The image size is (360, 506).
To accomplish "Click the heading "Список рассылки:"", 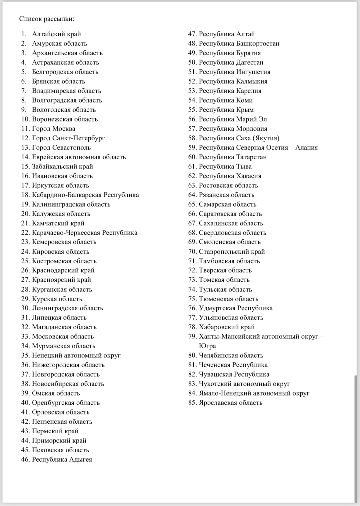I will [47, 19].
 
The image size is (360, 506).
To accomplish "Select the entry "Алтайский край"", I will [56, 34].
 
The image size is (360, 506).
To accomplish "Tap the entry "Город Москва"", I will [53, 129].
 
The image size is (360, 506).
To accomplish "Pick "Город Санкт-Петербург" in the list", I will [68, 138].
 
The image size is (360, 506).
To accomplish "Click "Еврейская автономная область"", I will [79, 157].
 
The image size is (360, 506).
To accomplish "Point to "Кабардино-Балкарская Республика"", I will [85, 195].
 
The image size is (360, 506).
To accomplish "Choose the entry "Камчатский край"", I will [58, 223].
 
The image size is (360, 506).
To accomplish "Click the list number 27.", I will [25, 280].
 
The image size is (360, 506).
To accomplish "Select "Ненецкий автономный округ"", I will [76, 356].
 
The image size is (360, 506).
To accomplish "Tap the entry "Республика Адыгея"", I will [62, 460].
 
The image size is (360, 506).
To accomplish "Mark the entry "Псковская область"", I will [60, 450].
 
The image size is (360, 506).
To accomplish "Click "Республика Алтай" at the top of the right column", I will [227, 34].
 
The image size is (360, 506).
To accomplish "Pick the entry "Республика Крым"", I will [226, 110].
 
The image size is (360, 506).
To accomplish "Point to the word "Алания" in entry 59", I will [306, 148].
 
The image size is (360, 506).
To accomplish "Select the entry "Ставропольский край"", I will [232, 252].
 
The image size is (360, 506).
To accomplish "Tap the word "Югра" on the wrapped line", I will [207, 346].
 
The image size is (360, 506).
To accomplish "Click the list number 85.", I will [192, 403].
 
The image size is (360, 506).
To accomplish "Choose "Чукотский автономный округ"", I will [244, 384].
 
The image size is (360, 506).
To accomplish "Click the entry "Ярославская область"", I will [231, 403].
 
